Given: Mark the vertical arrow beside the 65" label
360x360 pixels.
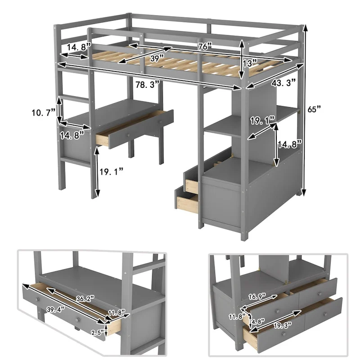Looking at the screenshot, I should point(306,110).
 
